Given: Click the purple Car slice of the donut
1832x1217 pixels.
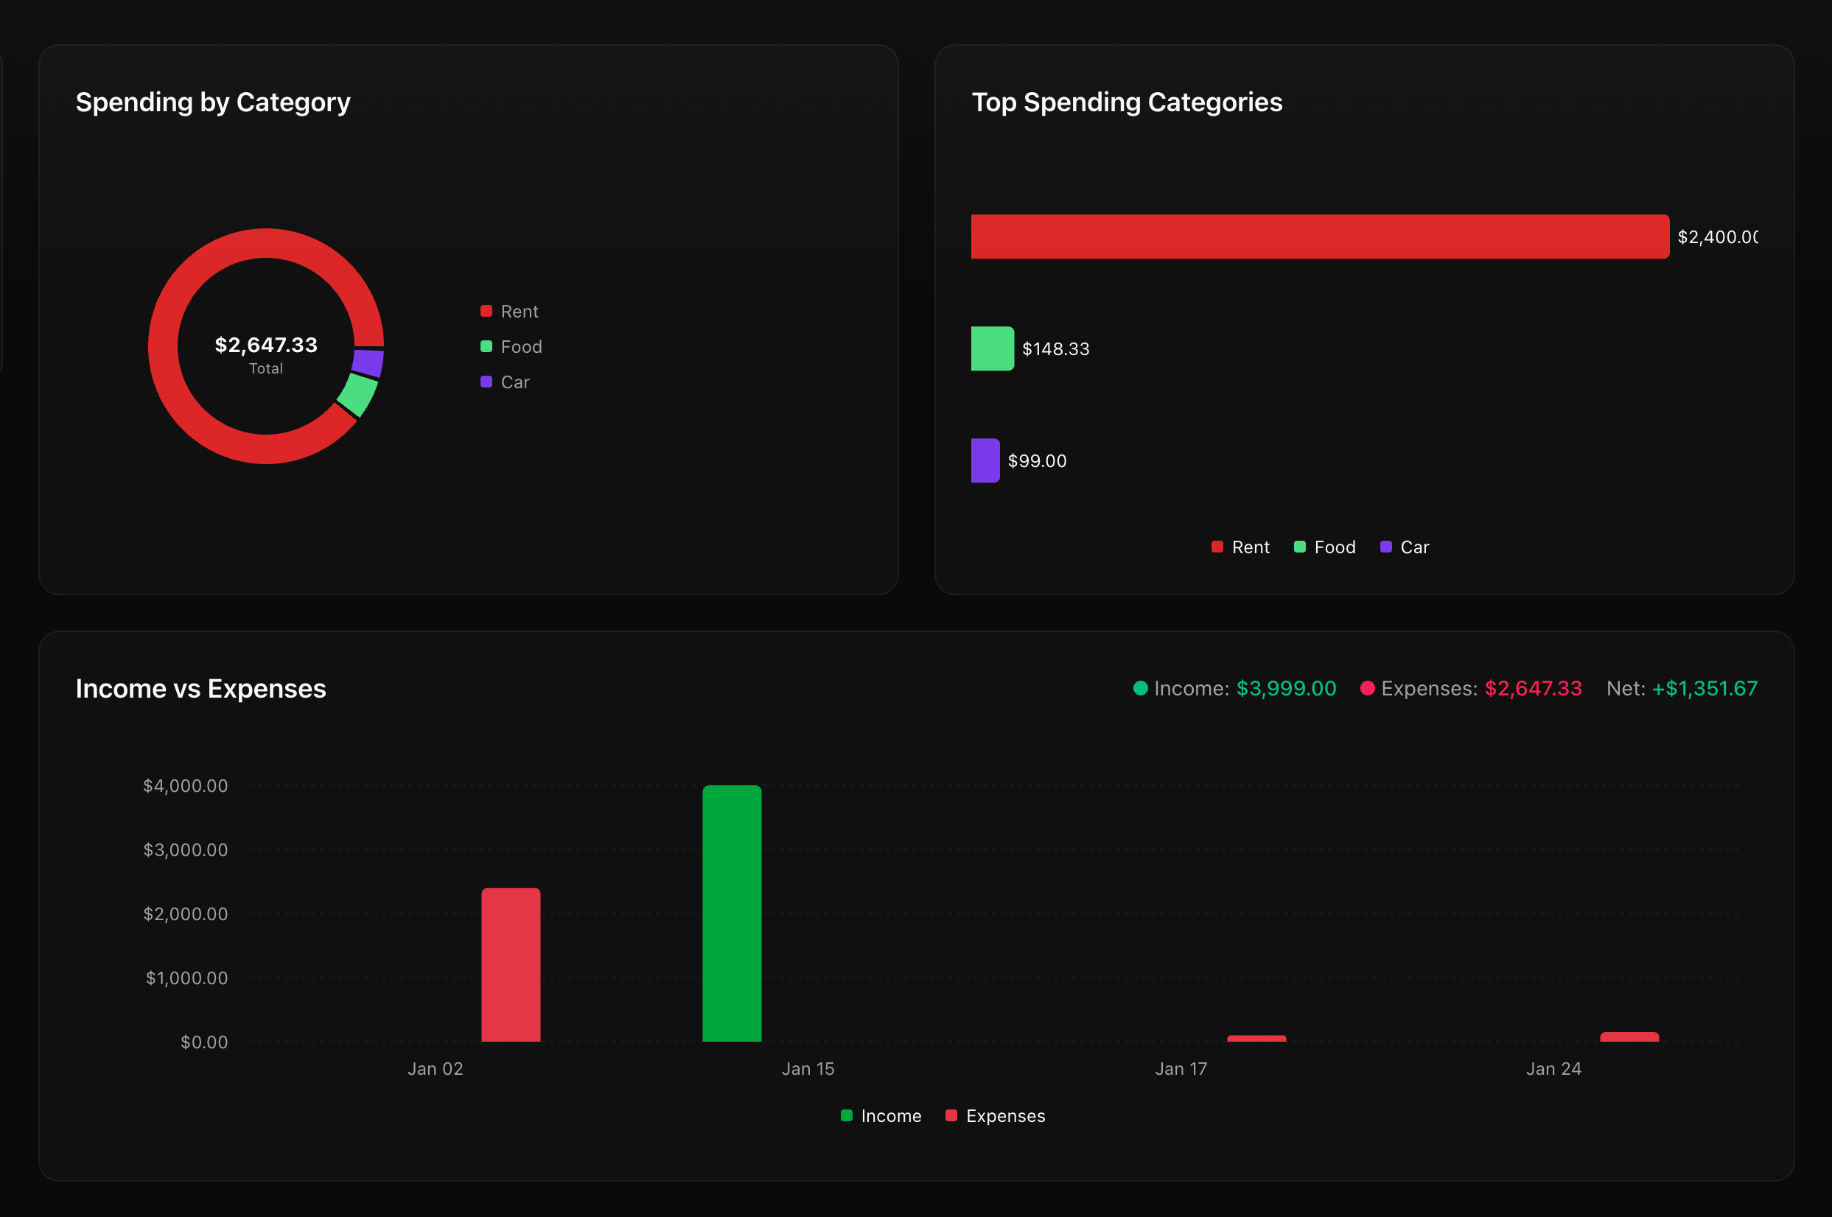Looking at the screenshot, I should point(368,362).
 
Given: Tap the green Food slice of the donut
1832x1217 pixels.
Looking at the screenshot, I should point(358,394).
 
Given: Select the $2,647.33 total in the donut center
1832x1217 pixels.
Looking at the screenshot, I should point(265,345).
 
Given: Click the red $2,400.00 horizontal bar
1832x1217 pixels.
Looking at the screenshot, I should point(1320,236).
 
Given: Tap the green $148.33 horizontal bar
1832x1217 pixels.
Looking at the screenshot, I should point(992,348).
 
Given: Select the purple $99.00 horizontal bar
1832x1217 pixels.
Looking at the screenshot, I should point(985,460).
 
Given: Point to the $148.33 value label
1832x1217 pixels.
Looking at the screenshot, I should point(1056,349).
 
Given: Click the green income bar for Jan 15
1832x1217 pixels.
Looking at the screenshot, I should point(732,913).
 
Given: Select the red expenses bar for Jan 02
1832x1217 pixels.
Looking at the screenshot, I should point(511,964).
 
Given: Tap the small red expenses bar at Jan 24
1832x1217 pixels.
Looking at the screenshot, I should point(1629,1037).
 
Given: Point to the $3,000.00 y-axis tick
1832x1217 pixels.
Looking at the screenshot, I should point(186,850).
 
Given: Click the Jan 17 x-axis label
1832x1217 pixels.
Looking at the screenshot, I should point(1181,1069).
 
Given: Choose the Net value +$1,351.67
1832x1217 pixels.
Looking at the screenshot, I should point(1704,689).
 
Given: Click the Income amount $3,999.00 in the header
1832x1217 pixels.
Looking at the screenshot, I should point(1285,689).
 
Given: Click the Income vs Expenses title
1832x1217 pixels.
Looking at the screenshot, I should point(200,689).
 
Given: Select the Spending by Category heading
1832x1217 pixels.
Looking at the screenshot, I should point(213,102).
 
